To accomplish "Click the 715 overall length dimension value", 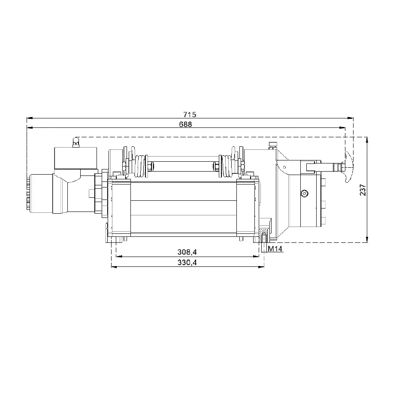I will (190, 115).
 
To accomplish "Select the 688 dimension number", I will (185, 124).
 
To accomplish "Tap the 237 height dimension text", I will (363, 189).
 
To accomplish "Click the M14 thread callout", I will (275, 249).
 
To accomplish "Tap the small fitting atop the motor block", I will (76, 142).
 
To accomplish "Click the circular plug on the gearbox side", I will (305, 193).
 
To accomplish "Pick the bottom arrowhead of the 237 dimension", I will (367, 240).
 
